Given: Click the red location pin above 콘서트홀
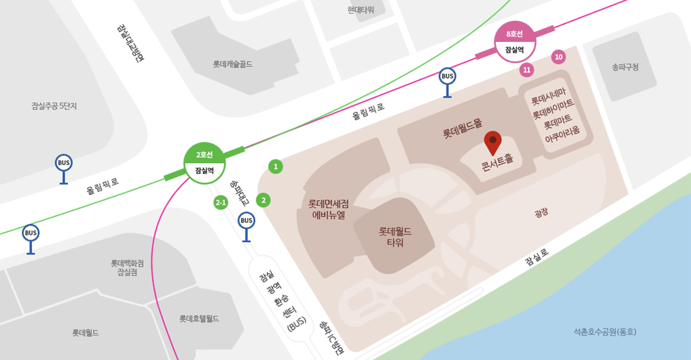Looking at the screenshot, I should [x=493, y=142].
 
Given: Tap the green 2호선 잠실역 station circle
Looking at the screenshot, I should [x=204, y=163].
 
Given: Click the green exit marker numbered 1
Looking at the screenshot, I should [x=276, y=166].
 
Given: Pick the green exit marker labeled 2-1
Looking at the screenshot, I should [x=221, y=203].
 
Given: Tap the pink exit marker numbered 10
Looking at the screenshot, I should [x=559, y=57].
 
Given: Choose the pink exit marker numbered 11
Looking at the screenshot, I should [x=527, y=70].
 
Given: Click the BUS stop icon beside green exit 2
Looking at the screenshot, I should [x=247, y=221].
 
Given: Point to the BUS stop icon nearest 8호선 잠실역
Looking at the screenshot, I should [x=447, y=77].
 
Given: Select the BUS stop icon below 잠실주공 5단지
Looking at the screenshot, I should [x=64, y=163].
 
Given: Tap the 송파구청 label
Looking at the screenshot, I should [x=625, y=68].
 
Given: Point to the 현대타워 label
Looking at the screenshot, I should [x=361, y=10].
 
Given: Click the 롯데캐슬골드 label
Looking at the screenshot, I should [x=232, y=64].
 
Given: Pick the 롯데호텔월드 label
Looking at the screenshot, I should [x=200, y=319].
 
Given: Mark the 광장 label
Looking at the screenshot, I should [x=541, y=212].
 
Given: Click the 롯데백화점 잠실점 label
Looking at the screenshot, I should [x=128, y=268].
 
